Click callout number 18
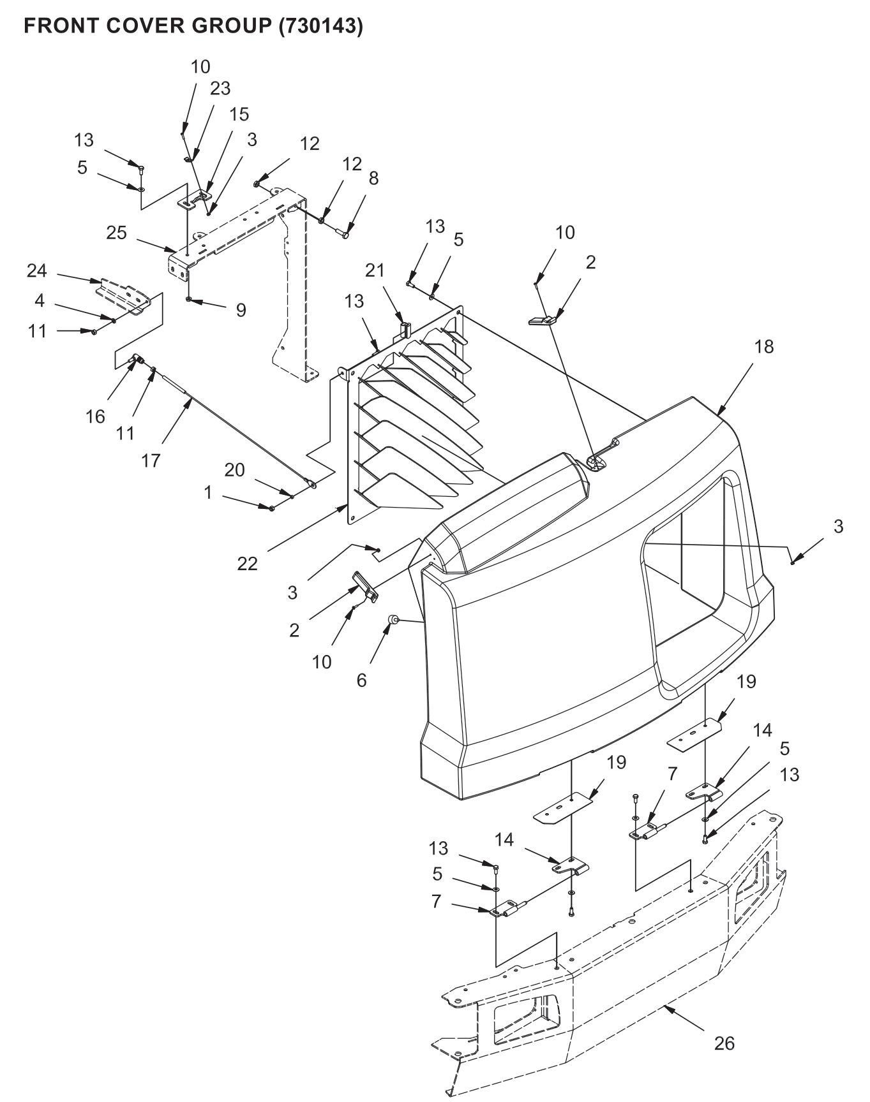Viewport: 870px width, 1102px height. (764, 346)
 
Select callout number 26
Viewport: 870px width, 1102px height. (724, 1043)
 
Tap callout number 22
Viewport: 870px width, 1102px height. (248, 563)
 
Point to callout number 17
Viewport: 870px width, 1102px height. (151, 460)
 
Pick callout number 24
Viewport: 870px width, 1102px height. (37, 271)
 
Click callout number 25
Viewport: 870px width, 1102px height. (117, 233)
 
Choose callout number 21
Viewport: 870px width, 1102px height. (375, 270)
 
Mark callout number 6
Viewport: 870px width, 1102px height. (361, 680)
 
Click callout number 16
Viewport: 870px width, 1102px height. (95, 417)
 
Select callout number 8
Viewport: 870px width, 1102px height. (373, 179)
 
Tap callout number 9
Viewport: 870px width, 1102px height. (241, 310)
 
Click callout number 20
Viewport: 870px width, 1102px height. (235, 470)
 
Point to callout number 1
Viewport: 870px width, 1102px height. (207, 492)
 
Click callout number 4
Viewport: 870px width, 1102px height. (40, 300)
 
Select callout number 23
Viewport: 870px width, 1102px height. (220, 88)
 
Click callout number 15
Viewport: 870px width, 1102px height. (239, 114)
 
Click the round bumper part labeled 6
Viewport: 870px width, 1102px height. (394, 619)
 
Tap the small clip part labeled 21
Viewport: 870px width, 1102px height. (404, 330)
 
